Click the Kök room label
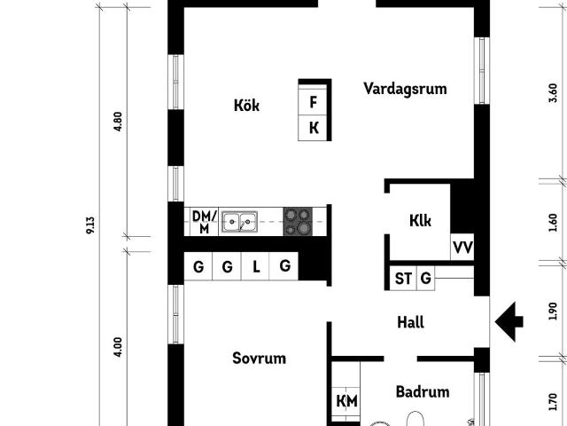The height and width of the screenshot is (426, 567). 246,106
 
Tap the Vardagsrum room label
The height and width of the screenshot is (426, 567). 404,89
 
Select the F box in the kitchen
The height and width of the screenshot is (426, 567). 314,100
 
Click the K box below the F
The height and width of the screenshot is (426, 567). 314,128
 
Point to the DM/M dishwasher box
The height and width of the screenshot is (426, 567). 204,221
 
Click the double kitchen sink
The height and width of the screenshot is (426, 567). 239,221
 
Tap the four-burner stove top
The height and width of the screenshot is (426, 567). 298,221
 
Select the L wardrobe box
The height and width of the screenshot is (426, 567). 256,266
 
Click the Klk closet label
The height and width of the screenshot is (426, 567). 420,220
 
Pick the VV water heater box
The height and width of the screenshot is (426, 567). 462,248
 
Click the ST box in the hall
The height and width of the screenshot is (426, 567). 403,279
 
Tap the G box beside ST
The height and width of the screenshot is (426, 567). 426,279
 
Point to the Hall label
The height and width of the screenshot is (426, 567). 409,322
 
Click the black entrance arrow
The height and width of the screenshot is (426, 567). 509,321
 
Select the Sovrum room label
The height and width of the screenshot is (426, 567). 259,359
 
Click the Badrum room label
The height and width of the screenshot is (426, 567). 423,391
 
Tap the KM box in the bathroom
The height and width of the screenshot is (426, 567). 346,401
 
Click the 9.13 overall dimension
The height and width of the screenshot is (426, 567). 90,225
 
